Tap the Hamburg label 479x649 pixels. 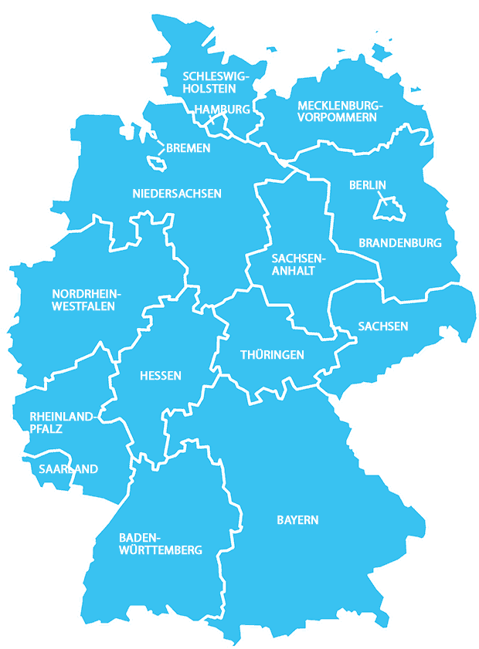[x=223, y=110]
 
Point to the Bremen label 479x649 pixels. [x=188, y=147]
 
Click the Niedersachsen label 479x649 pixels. [x=177, y=193]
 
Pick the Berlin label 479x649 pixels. [x=367, y=184]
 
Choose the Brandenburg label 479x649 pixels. [x=400, y=242]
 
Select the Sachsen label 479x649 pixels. [x=383, y=326]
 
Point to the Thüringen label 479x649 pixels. [x=272, y=355]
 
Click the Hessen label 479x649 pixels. [x=161, y=376]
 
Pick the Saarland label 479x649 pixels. [x=69, y=468]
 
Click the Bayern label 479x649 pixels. [x=297, y=520]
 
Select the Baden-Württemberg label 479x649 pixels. [x=161, y=543]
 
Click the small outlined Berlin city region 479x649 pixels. [x=388, y=208]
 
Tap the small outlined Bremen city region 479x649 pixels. [x=158, y=164]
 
